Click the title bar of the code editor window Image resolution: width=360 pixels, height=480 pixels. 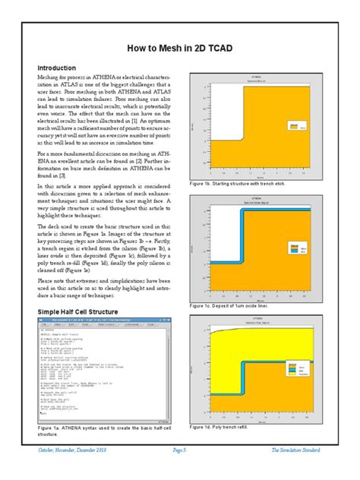pos(107,322)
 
